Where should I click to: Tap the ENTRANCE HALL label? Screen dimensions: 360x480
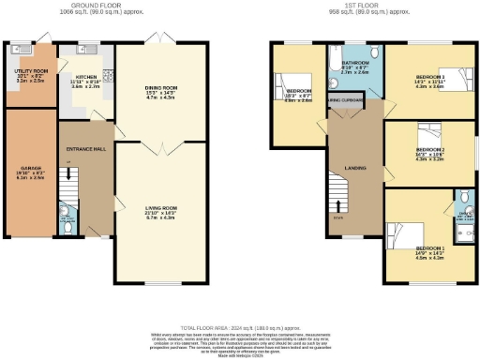point(81,148)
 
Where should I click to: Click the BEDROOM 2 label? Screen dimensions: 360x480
point(429,150)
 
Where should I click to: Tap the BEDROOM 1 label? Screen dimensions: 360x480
point(429,248)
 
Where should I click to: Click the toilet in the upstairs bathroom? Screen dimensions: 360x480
point(373,52)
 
